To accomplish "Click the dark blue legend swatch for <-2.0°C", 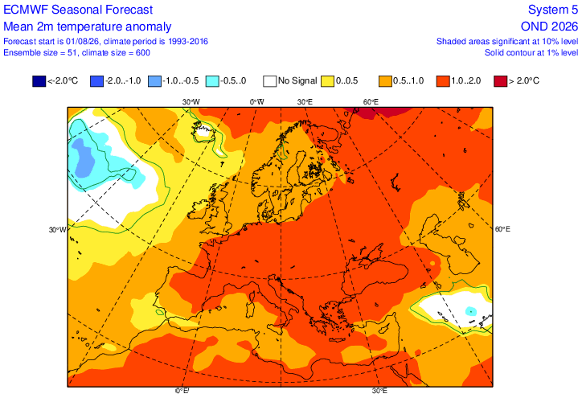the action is tap(39, 81).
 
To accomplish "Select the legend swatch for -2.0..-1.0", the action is tap(97, 81).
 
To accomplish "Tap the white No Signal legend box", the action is tap(270, 81).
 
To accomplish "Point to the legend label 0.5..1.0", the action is tap(408, 80).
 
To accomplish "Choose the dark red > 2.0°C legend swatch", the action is tap(501, 81).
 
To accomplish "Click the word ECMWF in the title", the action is tap(26, 10).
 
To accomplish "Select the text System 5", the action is tap(553, 10).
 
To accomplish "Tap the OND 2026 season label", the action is tap(549, 27).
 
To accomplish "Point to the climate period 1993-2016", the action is tap(188, 41).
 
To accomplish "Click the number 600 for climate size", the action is tap(143, 53).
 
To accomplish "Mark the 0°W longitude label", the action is tap(257, 102).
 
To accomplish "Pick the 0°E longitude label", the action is tap(182, 391).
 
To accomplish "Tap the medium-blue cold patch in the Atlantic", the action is tap(84, 158).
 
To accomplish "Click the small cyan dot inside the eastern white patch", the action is tap(471, 310).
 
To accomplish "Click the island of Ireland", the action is tap(199, 211).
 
